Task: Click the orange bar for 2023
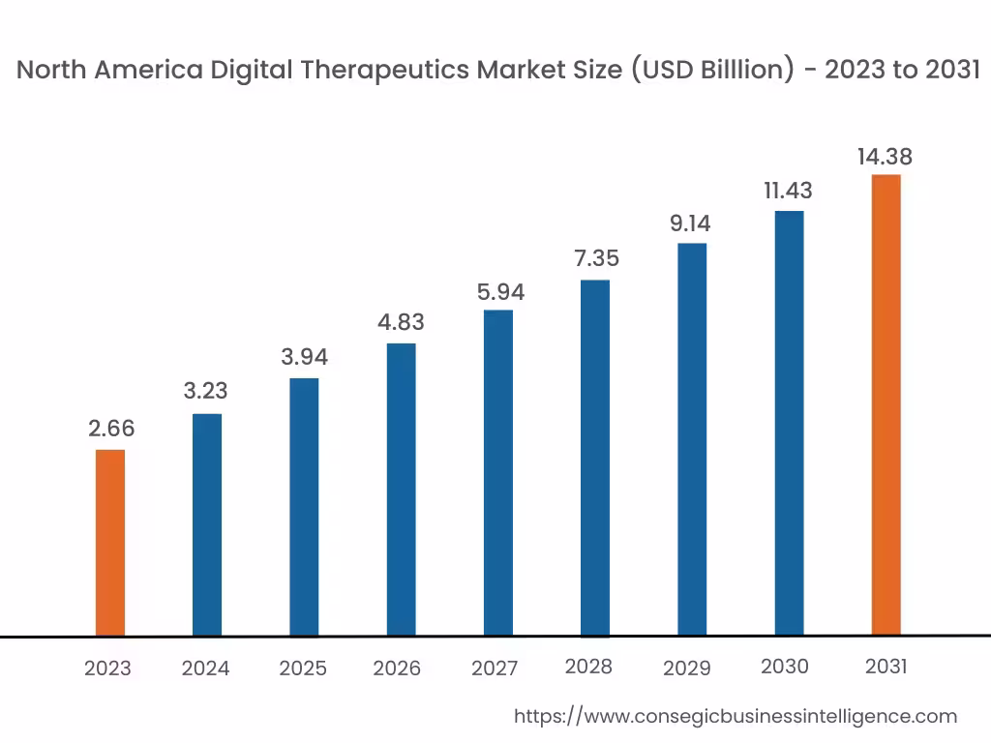110,542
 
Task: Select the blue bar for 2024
207,524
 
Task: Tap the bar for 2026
401,490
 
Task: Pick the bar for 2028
595,458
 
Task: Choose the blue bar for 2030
789,423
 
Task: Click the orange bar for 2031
886,404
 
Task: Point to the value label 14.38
885,157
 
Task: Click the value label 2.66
111,429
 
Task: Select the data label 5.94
498,291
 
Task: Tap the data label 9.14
691,223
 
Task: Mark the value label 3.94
305,357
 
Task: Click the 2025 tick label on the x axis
303,669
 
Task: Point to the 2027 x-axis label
495,669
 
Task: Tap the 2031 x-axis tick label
886,667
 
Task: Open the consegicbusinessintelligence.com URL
735,716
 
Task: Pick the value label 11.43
788,191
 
